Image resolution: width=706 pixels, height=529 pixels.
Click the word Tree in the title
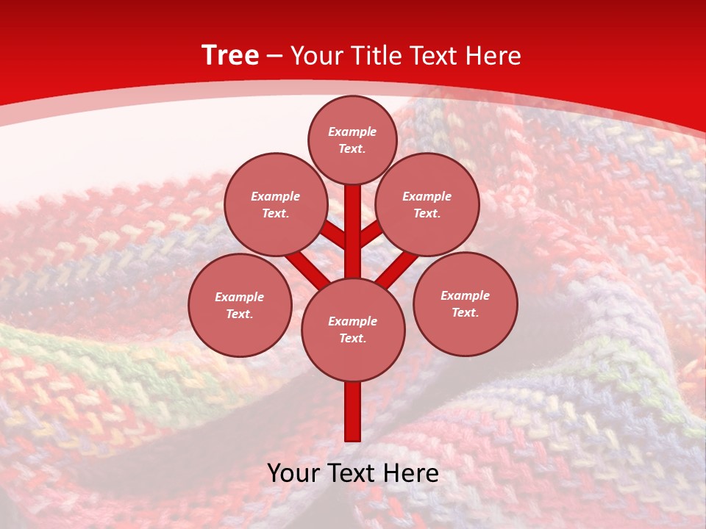(x=230, y=55)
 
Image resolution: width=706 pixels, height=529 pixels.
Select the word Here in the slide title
(x=494, y=56)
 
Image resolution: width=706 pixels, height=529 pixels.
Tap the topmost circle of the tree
(x=352, y=140)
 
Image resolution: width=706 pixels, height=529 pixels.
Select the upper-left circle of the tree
(x=275, y=204)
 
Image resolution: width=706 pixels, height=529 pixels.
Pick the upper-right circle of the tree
(x=427, y=204)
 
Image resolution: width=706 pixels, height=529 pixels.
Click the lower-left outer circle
(x=240, y=305)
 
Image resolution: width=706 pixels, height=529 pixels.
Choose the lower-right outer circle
(x=466, y=303)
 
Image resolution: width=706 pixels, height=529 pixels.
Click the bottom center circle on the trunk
(x=353, y=329)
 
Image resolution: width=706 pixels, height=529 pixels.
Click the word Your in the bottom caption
(x=293, y=473)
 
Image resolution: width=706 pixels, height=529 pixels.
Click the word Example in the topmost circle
(x=352, y=132)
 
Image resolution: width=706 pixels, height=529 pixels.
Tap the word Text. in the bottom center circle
(x=352, y=338)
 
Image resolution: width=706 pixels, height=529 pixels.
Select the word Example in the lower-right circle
(x=465, y=295)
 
